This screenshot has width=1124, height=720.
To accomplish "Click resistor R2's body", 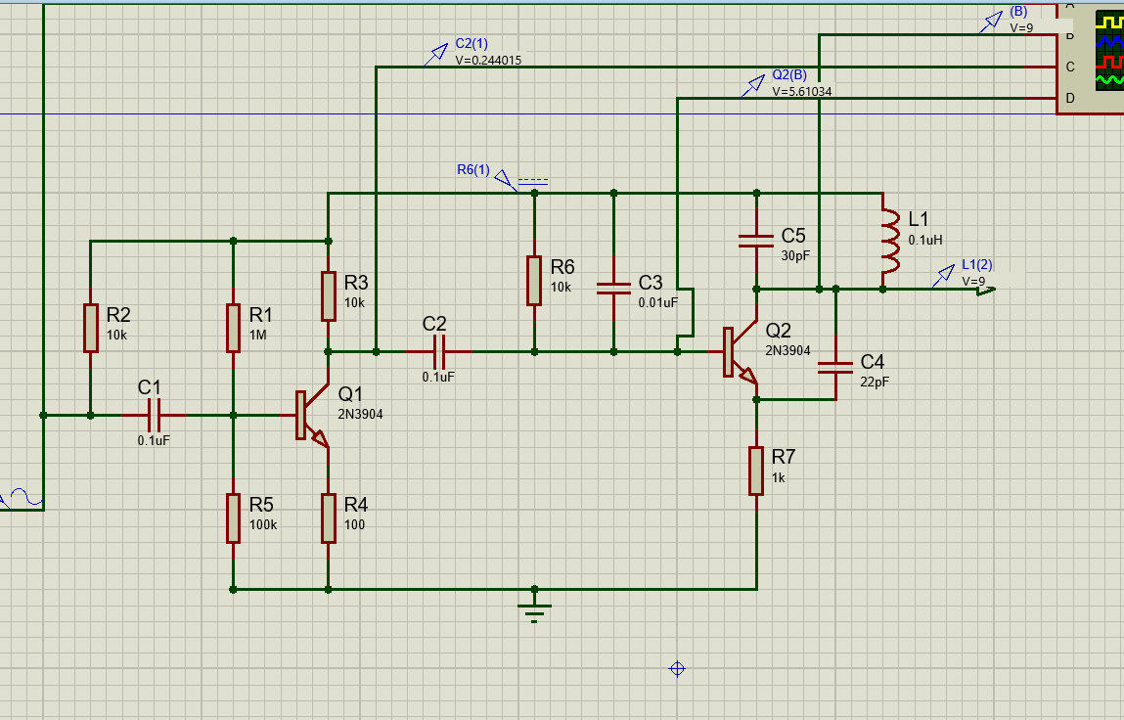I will tap(90, 328).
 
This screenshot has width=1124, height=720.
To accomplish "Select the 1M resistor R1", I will tap(233, 328).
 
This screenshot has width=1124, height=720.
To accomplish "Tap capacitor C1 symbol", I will tap(153, 415).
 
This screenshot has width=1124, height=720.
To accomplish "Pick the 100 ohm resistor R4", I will tap(328, 518).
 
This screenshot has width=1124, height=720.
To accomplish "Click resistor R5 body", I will tap(233, 518).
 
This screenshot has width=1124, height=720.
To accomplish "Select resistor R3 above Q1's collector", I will tap(328, 296).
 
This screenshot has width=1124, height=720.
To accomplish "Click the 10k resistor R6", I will tap(534, 281).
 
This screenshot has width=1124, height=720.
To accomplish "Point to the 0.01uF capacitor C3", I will tap(613, 288).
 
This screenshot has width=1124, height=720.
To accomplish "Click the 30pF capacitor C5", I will tap(756, 241).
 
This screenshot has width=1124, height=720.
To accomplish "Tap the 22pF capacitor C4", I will tap(835, 368).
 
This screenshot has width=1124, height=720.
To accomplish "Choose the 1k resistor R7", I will tap(756, 471).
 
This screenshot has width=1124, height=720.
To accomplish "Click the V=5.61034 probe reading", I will tap(801, 92).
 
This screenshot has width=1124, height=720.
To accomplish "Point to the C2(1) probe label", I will tap(472, 45).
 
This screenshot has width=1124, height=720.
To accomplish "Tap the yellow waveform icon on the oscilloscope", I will tap(1110, 22).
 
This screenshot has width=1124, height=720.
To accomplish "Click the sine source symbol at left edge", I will tap(22, 500).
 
